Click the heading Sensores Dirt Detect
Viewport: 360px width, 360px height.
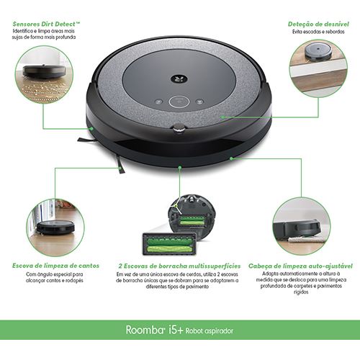click(46, 24)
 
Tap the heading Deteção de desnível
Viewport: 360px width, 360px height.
click(318, 24)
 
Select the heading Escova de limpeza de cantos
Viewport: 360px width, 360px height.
click(55, 266)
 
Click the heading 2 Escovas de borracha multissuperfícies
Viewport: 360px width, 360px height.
click(179, 266)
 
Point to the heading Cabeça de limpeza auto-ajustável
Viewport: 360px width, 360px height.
click(300, 266)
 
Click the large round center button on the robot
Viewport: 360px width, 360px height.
click(179, 102)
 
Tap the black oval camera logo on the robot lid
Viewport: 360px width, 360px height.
click(179, 79)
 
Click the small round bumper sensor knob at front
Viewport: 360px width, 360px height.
click(179, 127)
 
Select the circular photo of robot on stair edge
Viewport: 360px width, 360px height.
click(318, 68)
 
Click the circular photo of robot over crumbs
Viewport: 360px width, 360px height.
click(44, 74)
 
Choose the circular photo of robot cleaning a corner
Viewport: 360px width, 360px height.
click(55, 228)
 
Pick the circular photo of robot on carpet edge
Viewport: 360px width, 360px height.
click(302, 226)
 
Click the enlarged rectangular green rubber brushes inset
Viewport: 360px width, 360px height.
click(170, 243)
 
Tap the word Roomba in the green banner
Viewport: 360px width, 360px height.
click(145, 330)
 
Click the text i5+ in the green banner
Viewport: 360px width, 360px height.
click(176, 330)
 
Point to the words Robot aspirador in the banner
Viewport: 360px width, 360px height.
click(209, 330)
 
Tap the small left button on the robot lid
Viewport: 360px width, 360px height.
click(158, 102)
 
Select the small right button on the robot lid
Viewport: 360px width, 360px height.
click(199, 102)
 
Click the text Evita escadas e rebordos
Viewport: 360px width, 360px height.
click(318, 32)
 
